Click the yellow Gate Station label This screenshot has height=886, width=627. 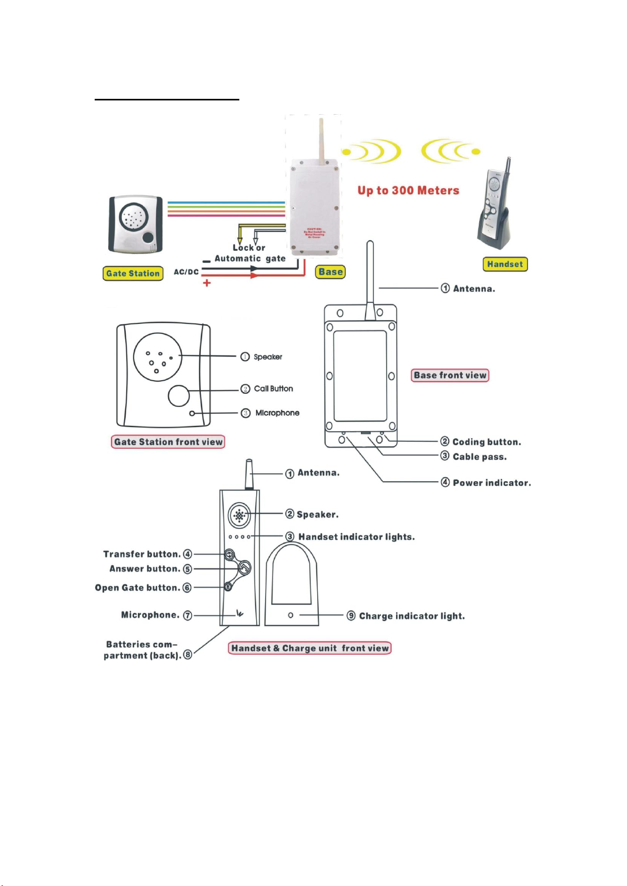[x=133, y=273]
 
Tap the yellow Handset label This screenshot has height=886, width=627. [x=505, y=264]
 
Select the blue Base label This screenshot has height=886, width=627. [x=330, y=272]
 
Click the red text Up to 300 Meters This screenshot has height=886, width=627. [x=408, y=190]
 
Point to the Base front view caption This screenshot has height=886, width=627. [x=450, y=375]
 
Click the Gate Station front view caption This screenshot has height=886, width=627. [x=168, y=442]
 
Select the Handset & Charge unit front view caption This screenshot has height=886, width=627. [x=310, y=648]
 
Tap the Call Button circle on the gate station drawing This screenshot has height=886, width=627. [x=179, y=396]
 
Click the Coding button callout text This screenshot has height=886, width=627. [x=487, y=442]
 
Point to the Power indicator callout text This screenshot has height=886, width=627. [x=492, y=483]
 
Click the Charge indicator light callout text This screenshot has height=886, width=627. [x=412, y=616]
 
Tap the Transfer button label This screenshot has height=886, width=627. [x=141, y=554]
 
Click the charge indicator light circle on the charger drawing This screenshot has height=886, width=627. [x=290, y=615]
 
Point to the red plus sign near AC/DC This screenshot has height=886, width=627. [x=207, y=283]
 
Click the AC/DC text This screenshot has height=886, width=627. [x=186, y=272]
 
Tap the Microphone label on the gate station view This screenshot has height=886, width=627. [x=277, y=413]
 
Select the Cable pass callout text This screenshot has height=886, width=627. [x=480, y=457]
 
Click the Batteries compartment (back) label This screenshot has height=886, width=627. [x=142, y=650]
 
